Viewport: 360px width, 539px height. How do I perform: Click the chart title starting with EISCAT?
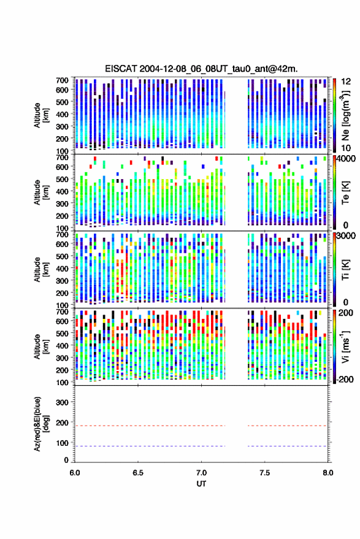(x=201, y=69)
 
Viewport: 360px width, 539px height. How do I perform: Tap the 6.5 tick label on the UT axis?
(x=138, y=473)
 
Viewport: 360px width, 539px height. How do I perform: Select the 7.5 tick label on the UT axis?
(x=264, y=473)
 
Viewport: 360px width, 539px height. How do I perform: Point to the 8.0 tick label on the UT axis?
(x=328, y=473)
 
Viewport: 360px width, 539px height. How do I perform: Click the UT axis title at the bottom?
(x=201, y=484)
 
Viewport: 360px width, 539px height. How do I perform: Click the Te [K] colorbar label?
(x=345, y=193)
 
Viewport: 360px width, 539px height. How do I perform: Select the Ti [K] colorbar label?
(x=345, y=270)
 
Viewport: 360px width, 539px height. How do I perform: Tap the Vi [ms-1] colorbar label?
(x=345, y=347)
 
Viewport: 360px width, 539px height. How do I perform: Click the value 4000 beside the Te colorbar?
(x=347, y=159)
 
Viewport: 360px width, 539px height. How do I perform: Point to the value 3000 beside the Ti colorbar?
(x=347, y=236)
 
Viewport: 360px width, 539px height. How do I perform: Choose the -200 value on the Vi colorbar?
(x=345, y=379)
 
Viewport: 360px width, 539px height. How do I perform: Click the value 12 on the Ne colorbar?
(x=347, y=82)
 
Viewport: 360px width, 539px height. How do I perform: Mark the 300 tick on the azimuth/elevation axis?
(x=62, y=402)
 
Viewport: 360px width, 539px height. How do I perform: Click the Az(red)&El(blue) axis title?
(x=40, y=424)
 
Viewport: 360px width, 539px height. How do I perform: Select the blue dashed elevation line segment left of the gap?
(x=150, y=446)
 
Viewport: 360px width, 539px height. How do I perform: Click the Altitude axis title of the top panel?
(x=40, y=115)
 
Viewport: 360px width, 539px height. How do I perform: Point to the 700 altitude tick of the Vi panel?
(x=62, y=312)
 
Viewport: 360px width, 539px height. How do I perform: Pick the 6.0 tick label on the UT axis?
(x=75, y=473)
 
